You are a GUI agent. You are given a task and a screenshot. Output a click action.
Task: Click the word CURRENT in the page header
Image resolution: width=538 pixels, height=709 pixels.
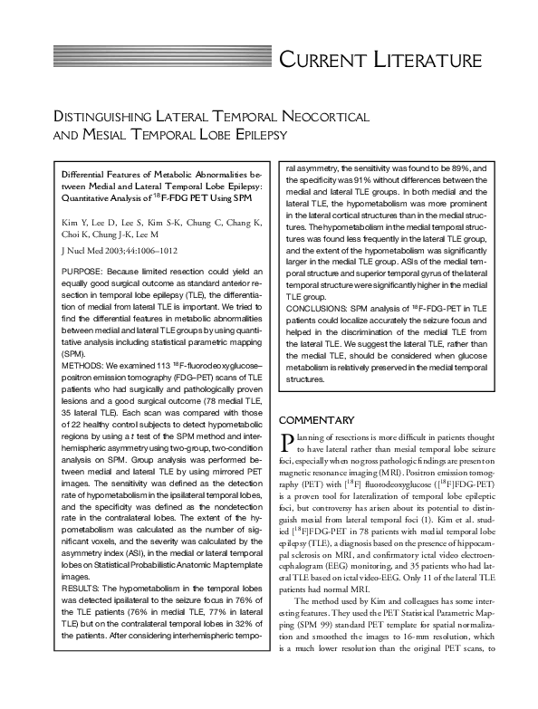coord(323,61)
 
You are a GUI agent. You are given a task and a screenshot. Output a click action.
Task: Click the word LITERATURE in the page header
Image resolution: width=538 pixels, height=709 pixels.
coord(426,61)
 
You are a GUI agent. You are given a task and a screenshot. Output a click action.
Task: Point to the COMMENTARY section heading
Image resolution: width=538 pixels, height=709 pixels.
coord(315,420)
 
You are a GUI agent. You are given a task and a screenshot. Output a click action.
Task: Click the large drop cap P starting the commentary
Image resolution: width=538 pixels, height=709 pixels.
coord(287,442)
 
